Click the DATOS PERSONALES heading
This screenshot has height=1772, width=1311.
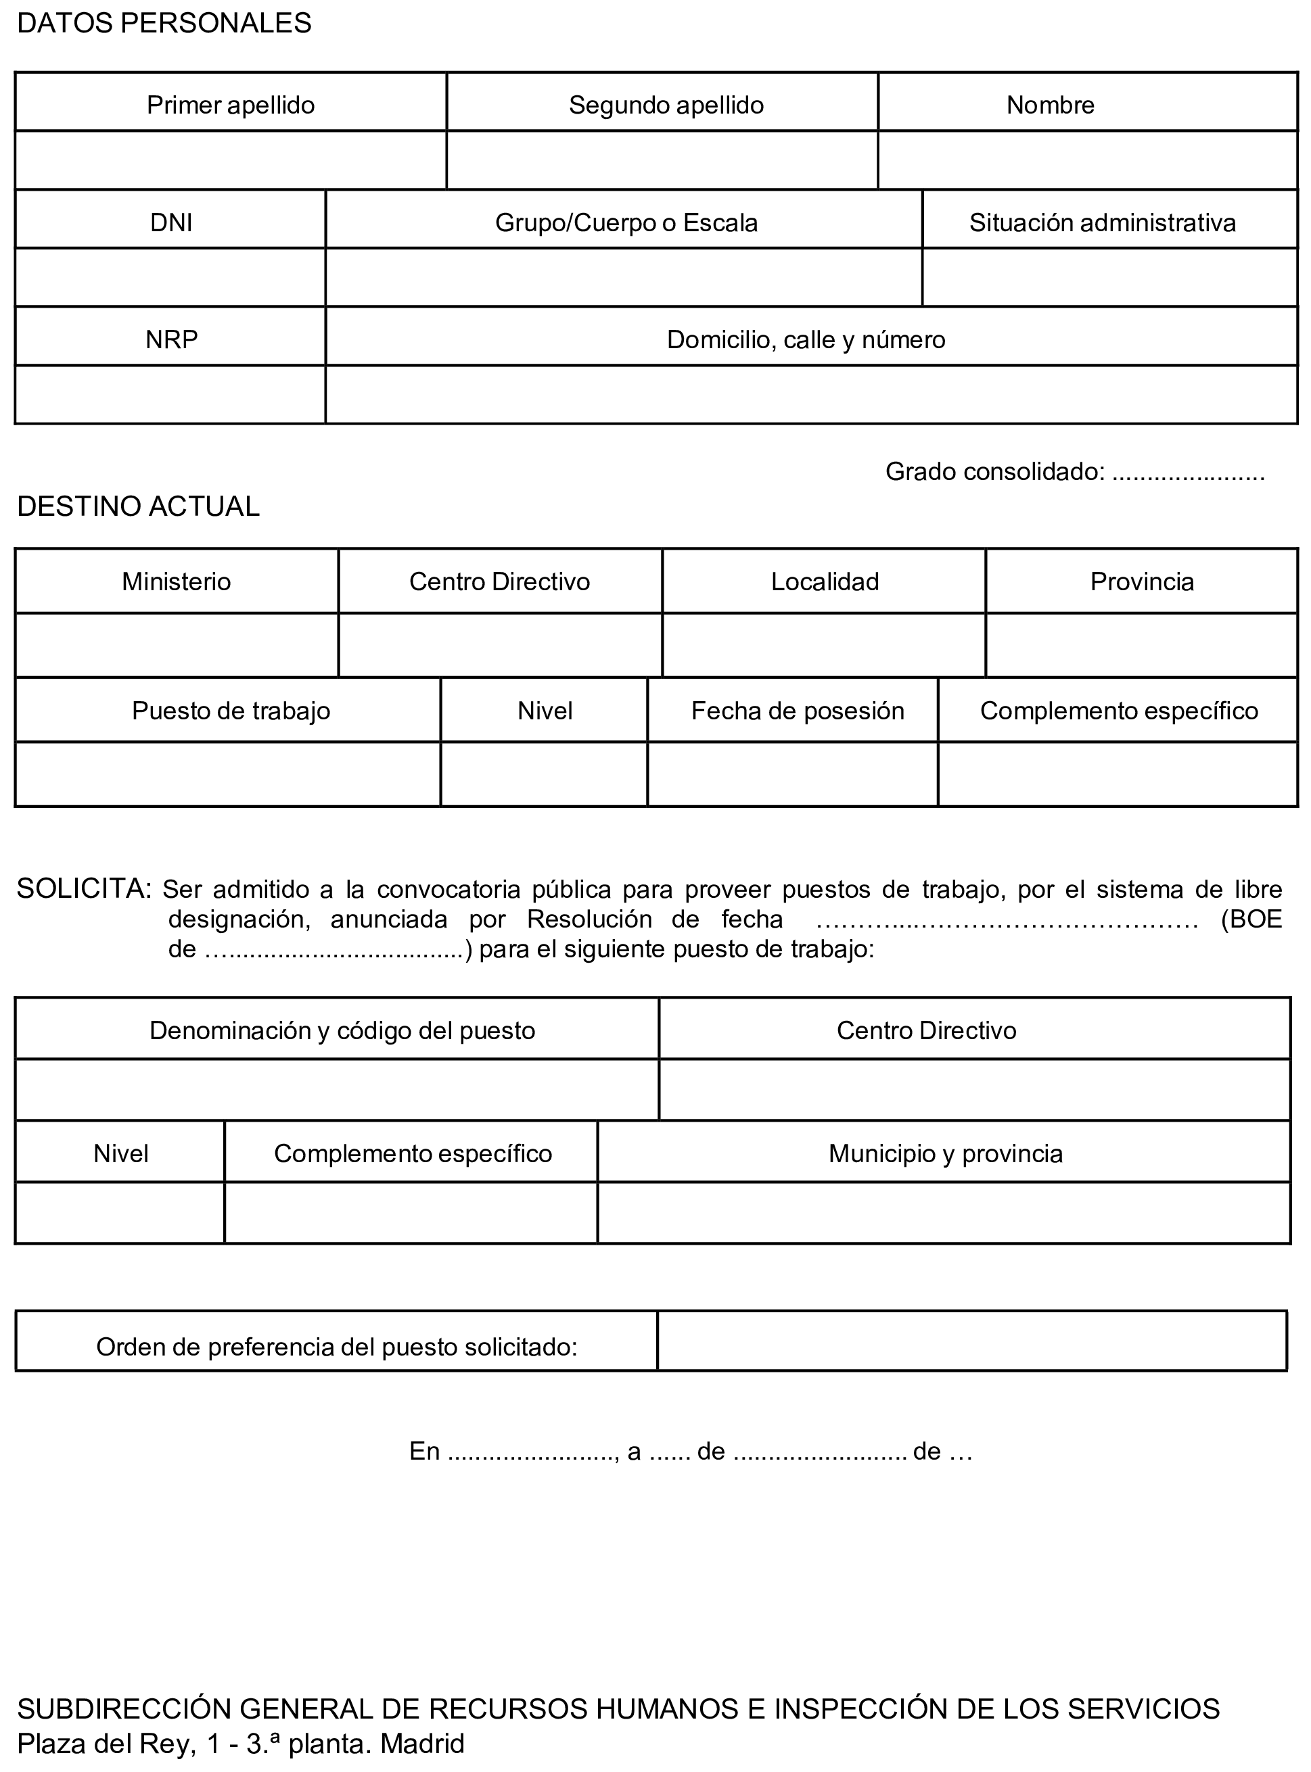164,24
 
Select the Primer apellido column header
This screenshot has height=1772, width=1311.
230,105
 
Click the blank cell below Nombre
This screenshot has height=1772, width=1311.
1087,160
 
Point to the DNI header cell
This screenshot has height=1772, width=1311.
170,222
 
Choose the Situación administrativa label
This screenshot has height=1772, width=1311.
1101,222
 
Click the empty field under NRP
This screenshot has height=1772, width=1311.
170,394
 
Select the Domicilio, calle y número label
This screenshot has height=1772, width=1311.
806,339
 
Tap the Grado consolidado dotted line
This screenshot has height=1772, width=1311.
1188,473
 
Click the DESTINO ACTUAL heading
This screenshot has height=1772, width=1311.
138,506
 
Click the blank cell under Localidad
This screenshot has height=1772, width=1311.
824,646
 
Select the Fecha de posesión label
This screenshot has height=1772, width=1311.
797,711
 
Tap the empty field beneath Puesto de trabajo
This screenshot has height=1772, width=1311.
228,774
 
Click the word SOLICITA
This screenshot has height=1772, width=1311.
83,888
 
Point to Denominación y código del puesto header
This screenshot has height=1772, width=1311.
342,1030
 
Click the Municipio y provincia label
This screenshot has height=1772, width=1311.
944,1153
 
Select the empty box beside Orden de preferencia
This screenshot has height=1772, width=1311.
971,1341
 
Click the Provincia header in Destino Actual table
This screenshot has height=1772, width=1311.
1141,581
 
